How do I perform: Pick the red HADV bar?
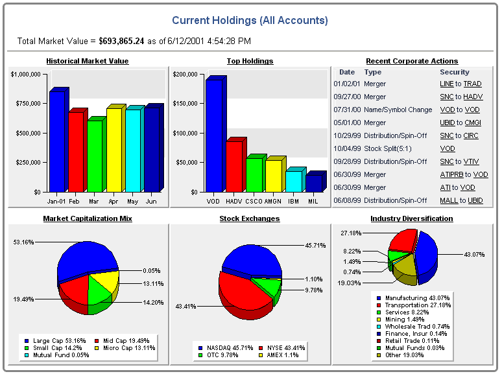point(233,165)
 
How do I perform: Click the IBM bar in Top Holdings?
point(293,181)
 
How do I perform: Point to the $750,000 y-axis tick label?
point(26,104)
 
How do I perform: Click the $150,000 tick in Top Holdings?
point(185,104)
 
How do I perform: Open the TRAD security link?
point(472,84)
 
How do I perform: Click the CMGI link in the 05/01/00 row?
point(473,123)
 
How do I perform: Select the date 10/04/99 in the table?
point(346,149)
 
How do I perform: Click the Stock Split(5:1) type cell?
point(390,149)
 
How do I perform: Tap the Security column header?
point(454,72)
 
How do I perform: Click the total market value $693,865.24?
point(130,41)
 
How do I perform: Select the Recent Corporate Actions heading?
point(412,61)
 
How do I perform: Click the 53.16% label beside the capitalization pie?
point(23,242)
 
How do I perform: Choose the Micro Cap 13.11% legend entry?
point(130,347)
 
